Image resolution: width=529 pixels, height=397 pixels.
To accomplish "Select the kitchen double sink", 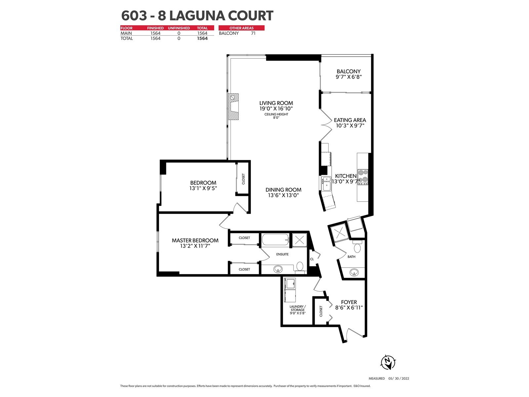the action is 326,184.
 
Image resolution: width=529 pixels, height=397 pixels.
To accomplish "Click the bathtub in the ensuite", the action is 275,240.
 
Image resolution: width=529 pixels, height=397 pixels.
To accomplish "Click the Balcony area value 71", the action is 253,33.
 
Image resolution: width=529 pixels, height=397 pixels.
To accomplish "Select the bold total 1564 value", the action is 202,38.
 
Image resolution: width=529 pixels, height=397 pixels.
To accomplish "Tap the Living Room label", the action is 276,103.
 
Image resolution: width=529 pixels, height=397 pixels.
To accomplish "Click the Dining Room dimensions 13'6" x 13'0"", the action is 283,195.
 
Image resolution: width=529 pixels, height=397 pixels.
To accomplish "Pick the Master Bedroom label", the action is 195,240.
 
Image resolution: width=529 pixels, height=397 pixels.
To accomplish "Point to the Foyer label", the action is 349,302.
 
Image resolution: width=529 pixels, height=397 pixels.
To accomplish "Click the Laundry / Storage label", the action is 298,308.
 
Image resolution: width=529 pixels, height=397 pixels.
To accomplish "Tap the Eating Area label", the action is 350,120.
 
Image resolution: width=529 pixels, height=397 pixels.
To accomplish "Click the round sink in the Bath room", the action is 354,272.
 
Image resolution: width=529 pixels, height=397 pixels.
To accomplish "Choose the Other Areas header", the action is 241,28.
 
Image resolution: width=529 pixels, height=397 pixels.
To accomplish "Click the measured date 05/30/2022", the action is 399,378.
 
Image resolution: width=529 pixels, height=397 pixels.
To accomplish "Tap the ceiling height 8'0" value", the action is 276,118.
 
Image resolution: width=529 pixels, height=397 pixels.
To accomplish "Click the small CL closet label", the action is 312,259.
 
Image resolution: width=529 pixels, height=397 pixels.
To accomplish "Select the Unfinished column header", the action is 179,28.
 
